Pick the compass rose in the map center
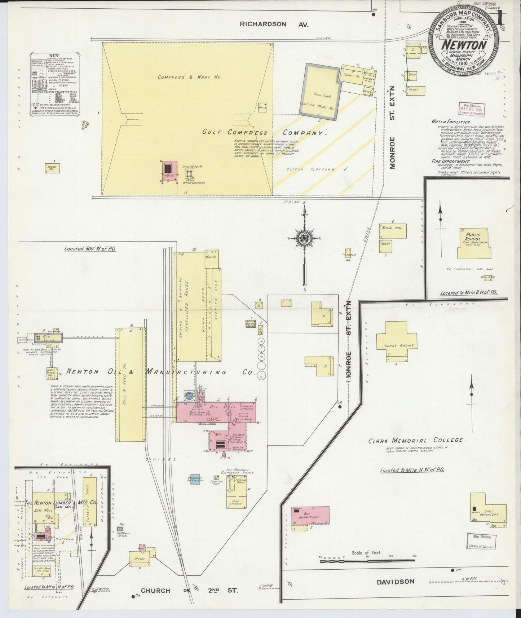(x=304, y=238)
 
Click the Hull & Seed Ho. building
(x=130, y=384)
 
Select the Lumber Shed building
(x=90, y=501)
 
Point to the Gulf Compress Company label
(x=264, y=132)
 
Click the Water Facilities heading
(x=451, y=122)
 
